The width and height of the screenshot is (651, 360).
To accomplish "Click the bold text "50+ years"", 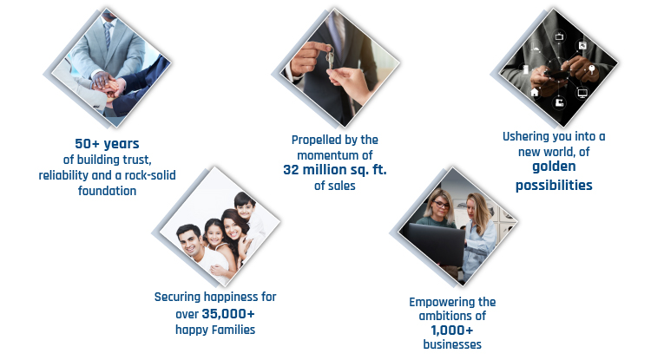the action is [x=107, y=144].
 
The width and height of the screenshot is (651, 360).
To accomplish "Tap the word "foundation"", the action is [x=107, y=191].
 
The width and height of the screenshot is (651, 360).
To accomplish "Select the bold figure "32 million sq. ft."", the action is [x=335, y=170].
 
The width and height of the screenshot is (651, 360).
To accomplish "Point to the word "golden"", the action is [x=554, y=167].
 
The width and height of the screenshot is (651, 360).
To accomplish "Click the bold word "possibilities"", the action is [x=554, y=186].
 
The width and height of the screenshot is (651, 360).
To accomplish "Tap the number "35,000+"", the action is [x=228, y=314].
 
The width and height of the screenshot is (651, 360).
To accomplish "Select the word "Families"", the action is [x=234, y=330].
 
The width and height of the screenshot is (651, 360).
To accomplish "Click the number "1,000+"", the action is [x=451, y=331].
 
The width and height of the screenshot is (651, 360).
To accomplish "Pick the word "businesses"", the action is [x=452, y=344].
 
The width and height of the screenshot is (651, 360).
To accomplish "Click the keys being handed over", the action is [x=330, y=57].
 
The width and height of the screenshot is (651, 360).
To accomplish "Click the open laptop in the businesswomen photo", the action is [x=437, y=245].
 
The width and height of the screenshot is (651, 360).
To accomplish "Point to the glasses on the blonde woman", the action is [x=441, y=205].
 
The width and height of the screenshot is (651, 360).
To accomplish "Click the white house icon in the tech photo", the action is [x=535, y=92].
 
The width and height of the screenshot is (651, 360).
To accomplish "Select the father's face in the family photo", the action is [x=189, y=241].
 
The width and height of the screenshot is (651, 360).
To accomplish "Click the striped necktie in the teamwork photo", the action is [x=108, y=36].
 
